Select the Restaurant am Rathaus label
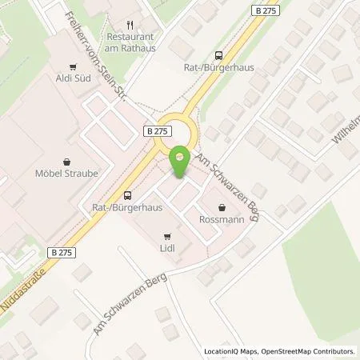pos(132,42)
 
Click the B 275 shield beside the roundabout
pos(157,130)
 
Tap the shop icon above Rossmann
pos(222,206)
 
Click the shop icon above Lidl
pos(166,236)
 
